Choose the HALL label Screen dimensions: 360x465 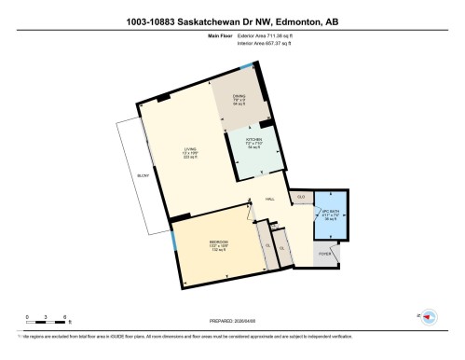coord(269,200)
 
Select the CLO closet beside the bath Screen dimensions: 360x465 coord(301,198)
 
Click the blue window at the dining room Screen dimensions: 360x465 coord(246,67)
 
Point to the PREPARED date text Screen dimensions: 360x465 coord(233,316)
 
